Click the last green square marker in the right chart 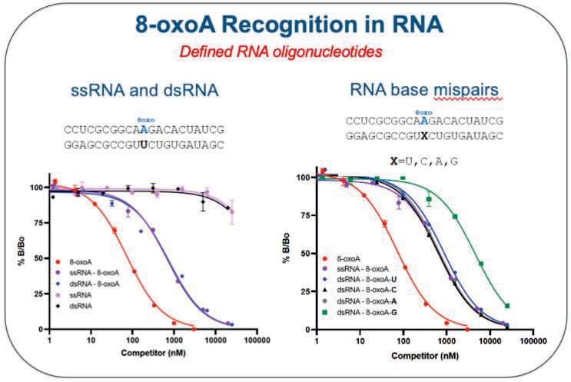[507, 306]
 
